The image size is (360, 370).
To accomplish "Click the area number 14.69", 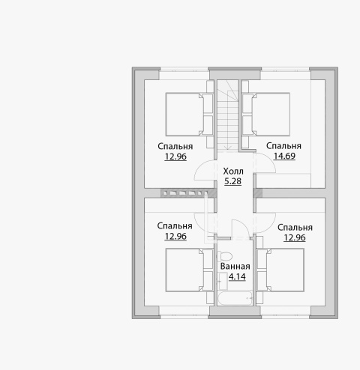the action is click(284, 156).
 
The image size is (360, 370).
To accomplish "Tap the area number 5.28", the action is click(232, 181).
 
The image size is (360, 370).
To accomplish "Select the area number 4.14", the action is click(237, 277).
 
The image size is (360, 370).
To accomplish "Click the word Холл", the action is click(233, 172).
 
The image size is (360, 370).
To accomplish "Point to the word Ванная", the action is click(235, 267).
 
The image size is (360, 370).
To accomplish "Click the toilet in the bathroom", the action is click(224, 256).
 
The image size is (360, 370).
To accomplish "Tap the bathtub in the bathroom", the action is click(235, 298).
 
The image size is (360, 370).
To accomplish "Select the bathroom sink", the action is click(223, 282).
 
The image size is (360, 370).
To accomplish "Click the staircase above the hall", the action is click(227, 115).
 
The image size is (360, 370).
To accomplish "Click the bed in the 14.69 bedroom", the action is click(266, 115).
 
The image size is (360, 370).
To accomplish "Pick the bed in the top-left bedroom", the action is click(190, 115).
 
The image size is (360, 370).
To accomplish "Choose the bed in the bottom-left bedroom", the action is click(190, 270).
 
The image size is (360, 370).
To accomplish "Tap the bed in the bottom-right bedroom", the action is click(280, 270).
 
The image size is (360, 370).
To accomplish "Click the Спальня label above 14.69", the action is click(283, 146).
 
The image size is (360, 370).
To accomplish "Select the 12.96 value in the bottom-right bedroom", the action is click(295, 237).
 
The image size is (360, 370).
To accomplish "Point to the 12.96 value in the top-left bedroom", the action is click(175, 157).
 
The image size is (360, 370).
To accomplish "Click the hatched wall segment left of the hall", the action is click(188, 193).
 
